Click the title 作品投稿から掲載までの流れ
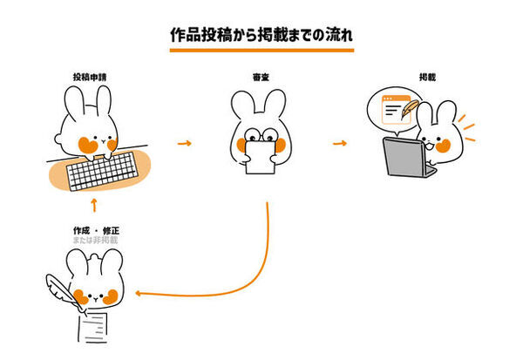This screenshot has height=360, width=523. tap(261, 36)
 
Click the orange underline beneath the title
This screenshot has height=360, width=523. tap(261, 51)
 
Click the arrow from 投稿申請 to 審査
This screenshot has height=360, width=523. tap(183, 142)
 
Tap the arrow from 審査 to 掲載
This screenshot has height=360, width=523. tap(340, 142)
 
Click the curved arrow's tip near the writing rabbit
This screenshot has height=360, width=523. tap(140, 295)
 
